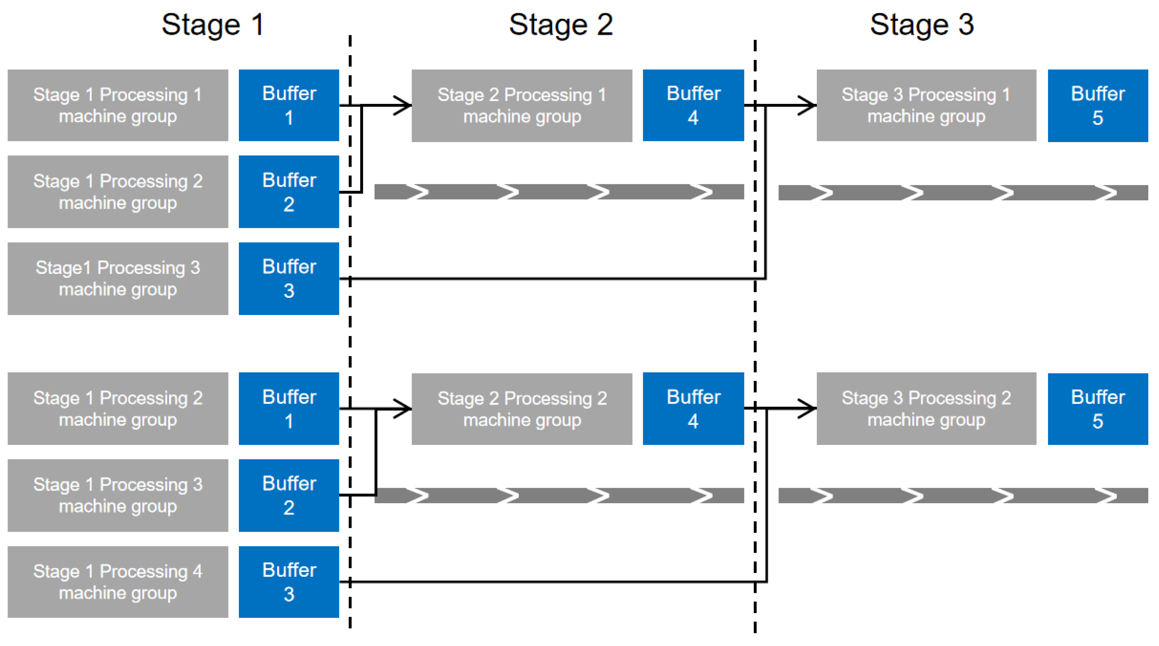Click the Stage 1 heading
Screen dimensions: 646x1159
click(x=212, y=25)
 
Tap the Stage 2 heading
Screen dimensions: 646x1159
click(x=561, y=25)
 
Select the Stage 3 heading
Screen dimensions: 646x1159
click(x=922, y=25)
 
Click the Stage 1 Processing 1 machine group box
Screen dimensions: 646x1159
click(x=118, y=105)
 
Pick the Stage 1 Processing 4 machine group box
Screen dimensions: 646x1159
click(x=118, y=582)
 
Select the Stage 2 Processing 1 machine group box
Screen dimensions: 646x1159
click(x=522, y=106)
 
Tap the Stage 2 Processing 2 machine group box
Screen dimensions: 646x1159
click(x=522, y=409)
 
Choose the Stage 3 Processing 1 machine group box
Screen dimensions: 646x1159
click(x=927, y=105)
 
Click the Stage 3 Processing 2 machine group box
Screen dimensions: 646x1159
click(x=927, y=409)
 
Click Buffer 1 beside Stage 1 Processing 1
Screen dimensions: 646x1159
click(x=289, y=105)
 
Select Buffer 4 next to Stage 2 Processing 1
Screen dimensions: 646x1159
click(x=693, y=105)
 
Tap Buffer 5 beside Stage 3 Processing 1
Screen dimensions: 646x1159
click(x=1098, y=106)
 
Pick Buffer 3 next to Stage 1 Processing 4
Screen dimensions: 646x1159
click(x=289, y=582)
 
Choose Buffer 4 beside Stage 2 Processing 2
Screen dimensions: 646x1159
click(x=693, y=409)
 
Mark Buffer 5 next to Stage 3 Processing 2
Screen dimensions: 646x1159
click(x=1098, y=409)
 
